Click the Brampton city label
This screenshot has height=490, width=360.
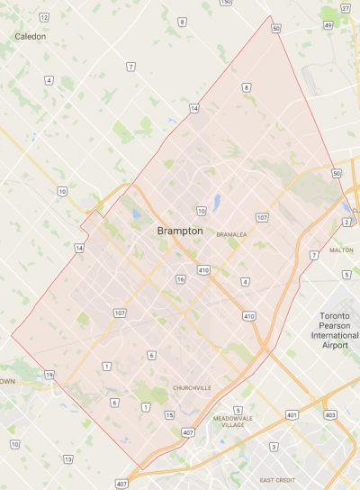point(180,231)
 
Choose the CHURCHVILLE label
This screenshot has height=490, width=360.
point(192,388)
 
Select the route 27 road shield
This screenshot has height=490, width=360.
point(346,8)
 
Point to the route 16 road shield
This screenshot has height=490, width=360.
point(181,279)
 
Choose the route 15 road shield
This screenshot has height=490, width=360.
point(169,414)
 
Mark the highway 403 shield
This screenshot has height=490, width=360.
point(330,414)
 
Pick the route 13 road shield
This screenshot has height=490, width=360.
point(68,459)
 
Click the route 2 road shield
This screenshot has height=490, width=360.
point(346,222)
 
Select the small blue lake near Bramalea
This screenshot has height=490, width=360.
point(217,201)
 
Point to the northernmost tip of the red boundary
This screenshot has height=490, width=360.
point(271,16)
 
